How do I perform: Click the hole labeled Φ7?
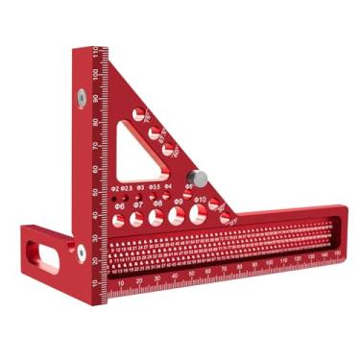point(137,220)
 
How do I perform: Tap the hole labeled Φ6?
point(119,221)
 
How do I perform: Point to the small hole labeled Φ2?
point(115,198)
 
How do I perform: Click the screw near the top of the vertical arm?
point(83,96)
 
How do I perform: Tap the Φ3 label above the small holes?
point(140,188)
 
